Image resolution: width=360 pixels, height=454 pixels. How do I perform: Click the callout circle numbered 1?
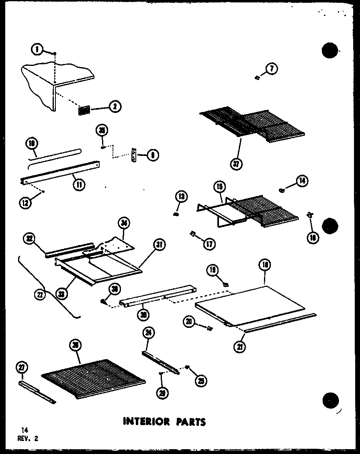[x=37, y=49]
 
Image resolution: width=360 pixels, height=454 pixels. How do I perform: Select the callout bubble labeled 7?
[x=272, y=69]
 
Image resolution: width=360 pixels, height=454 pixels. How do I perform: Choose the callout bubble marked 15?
[x=220, y=187]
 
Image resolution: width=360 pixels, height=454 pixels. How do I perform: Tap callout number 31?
[x=159, y=245]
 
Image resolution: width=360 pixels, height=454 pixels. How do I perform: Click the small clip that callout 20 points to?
[x=208, y=328]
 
